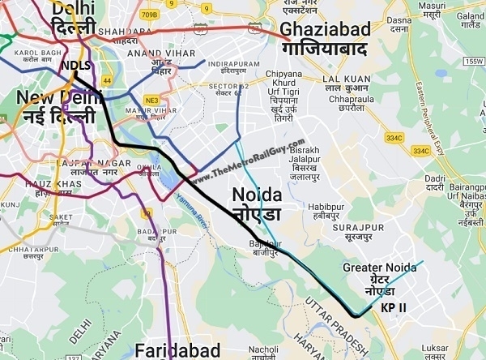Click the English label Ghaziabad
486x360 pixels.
pos(325,30)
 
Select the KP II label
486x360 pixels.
pos(393,308)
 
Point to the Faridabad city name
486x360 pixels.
pos(177,350)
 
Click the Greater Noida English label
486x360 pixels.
pos(379,267)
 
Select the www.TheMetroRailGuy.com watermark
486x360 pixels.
pos(246,161)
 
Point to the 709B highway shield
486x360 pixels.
pos(149,14)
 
